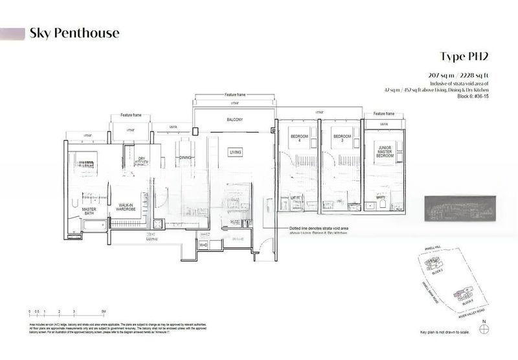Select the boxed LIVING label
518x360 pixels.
[x=235, y=152]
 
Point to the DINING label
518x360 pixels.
[x=185, y=157]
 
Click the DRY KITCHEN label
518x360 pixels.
[x=142, y=161]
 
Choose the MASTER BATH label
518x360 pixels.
[x=89, y=212]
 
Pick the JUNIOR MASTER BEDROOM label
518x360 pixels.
[x=385, y=152]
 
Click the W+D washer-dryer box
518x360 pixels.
[x=203, y=245]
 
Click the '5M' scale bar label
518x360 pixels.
[x=104, y=313]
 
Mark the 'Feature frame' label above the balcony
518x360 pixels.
[x=234, y=95]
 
